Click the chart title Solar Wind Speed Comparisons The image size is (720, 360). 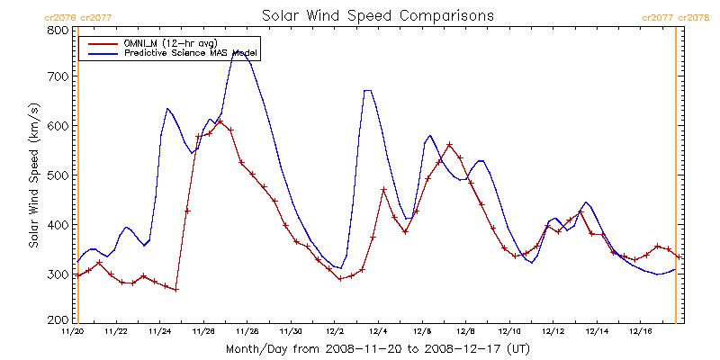click(377, 15)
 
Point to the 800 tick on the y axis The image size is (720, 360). click(58, 30)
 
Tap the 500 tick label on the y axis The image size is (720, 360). click(58, 175)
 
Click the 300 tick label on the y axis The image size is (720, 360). click(58, 274)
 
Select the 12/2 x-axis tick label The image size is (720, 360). click(335, 331)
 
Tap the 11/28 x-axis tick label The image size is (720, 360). click(247, 331)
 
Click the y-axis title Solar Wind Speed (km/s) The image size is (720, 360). click(33, 175)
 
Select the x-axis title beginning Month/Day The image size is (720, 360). click(377, 348)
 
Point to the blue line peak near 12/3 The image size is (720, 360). click(367, 90)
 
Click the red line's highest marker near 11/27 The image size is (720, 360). click(220, 121)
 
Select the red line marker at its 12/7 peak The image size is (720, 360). click(449, 144)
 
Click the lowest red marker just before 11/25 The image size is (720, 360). click(176, 289)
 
